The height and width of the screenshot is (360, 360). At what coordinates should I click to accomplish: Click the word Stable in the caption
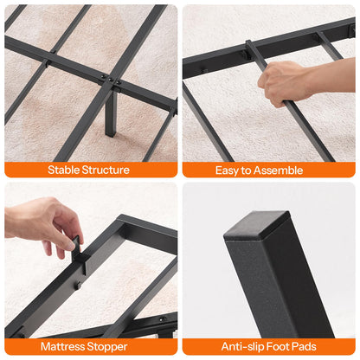(x=65, y=170)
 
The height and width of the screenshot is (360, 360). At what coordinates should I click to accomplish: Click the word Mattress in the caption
(x=66, y=346)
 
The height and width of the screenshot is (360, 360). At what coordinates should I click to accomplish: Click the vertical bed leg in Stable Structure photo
(x=111, y=113)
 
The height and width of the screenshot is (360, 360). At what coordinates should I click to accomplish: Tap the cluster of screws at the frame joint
(x=106, y=80)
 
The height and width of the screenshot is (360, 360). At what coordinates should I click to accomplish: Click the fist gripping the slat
(x=282, y=83)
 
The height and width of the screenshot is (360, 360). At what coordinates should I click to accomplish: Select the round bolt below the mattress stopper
(x=82, y=283)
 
